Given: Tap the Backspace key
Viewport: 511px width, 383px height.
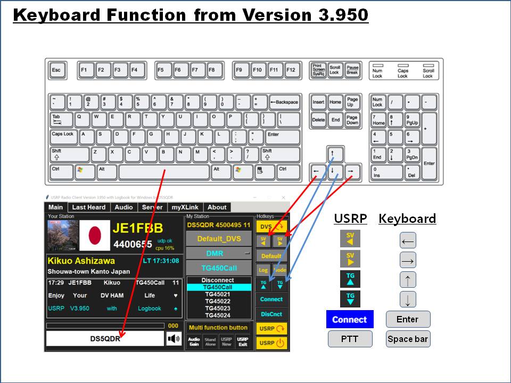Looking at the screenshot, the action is [x=284, y=102].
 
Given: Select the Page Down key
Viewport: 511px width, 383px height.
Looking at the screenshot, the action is [x=352, y=120].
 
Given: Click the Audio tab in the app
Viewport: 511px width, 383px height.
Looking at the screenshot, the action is [x=124, y=207].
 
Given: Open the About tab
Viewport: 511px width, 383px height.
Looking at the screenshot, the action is [x=217, y=207].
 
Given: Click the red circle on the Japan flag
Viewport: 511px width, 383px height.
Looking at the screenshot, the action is [x=95, y=235].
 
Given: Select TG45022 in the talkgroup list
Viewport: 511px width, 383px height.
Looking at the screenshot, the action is [x=218, y=301].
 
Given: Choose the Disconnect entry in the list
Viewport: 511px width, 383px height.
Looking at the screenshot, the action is [x=218, y=280].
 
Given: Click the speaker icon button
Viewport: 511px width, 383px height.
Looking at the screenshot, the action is [x=174, y=339].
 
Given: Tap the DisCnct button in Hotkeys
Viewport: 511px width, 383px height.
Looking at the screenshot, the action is [x=271, y=314].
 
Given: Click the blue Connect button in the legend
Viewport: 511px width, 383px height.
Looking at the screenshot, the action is [x=350, y=320].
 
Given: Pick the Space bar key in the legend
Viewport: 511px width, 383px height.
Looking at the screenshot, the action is [x=408, y=339].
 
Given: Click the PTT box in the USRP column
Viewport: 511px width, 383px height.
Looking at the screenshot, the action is [x=350, y=339].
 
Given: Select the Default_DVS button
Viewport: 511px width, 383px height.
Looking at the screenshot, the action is [x=218, y=239].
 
